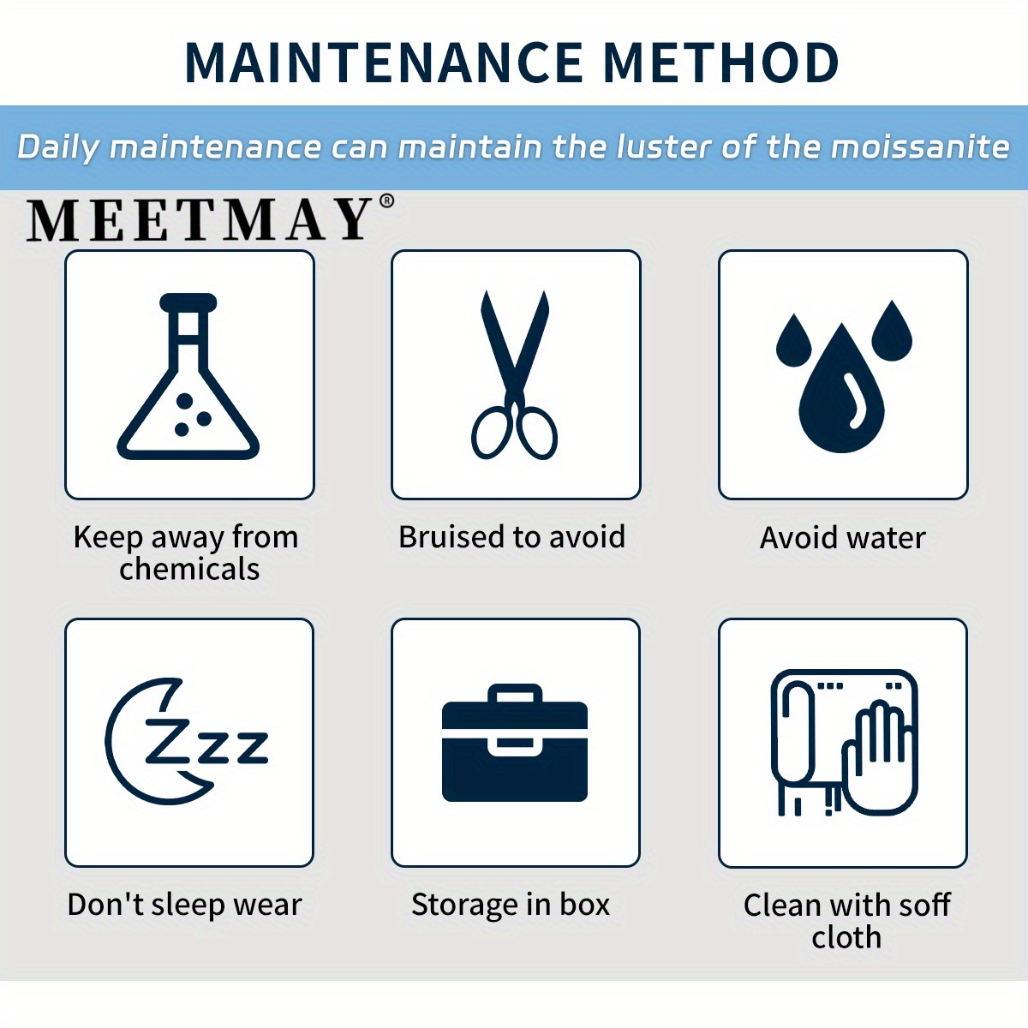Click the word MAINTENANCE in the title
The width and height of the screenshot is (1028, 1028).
(x=384, y=62)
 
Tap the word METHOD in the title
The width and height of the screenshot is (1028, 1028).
(x=722, y=62)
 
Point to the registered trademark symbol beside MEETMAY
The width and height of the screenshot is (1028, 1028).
(x=386, y=201)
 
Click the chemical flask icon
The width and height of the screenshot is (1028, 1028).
(x=188, y=376)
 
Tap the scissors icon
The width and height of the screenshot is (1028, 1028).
(x=515, y=374)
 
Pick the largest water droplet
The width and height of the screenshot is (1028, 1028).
(x=841, y=388)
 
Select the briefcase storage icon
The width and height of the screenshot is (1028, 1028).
(x=515, y=742)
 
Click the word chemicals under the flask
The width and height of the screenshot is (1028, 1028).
(x=189, y=569)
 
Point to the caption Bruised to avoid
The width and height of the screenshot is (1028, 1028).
(x=512, y=536)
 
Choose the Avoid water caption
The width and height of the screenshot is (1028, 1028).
(x=843, y=537)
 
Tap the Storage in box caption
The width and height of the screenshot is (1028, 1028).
(x=511, y=905)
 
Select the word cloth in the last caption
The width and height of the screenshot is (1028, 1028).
(x=846, y=937)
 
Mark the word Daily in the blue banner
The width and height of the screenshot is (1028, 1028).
(x=57, y=147)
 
